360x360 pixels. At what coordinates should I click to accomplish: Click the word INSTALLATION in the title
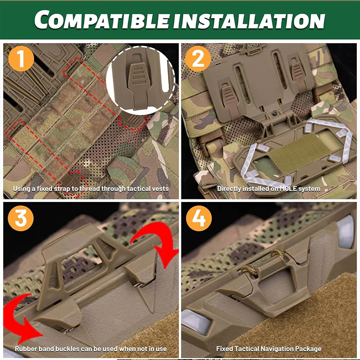[x=249, y=21]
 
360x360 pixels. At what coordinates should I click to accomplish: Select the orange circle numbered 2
[x=198, y=59]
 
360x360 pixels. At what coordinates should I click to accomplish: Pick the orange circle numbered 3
[x=21, y=218]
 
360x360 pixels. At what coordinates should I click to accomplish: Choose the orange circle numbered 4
[x=199, y=218]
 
